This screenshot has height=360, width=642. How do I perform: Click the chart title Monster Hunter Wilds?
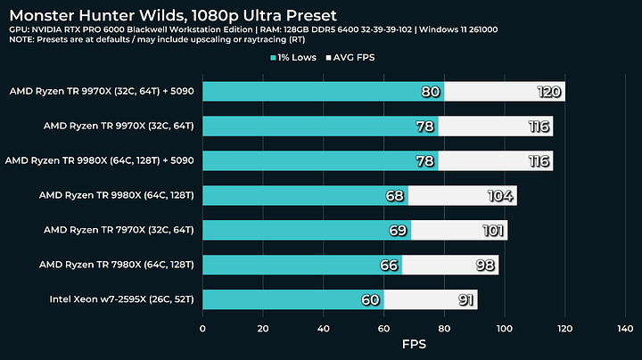174,15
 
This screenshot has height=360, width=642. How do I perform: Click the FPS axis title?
414,345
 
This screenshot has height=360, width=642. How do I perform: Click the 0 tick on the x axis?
202,328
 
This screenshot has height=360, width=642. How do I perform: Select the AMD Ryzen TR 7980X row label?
118,265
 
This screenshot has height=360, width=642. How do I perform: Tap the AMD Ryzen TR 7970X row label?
119,230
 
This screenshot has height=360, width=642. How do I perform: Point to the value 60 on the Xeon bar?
370,299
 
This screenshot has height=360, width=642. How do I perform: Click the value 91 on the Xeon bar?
464,299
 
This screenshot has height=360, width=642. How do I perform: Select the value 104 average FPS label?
502,195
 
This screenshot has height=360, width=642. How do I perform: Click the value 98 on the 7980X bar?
484,265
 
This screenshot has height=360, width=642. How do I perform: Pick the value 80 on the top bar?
431,92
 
